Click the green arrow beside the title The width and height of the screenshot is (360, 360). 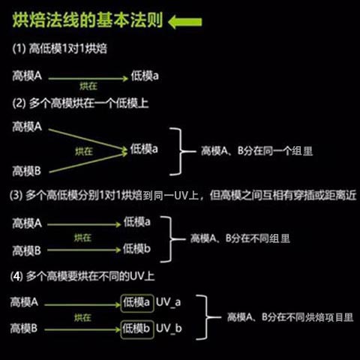pos(185,22)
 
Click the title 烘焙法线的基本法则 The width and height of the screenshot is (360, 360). pos(88,20)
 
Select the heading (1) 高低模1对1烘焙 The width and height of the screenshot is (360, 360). pos(60,49)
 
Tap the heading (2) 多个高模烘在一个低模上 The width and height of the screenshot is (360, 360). pos(80,103)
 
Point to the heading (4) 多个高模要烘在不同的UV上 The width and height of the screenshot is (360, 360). pos(82,276)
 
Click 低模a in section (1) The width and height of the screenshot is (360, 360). pos(145,76)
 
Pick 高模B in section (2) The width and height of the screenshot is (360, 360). pos(26,171)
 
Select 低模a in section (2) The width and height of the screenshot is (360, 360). pos(144,149)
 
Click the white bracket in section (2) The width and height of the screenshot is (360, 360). pos(181,151)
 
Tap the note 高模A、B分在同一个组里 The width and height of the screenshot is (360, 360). pos(257,151)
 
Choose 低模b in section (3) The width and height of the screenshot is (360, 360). pos(136,249)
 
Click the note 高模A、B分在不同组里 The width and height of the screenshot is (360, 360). pos(240,238)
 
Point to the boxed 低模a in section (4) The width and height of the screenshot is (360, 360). pos(137,303)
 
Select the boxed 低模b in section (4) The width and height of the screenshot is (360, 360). pos(137,329)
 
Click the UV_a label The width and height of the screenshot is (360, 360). pos(168,302)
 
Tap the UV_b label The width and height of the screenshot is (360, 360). pos(169,328)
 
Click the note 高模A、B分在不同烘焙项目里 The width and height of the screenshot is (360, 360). pos(290,317)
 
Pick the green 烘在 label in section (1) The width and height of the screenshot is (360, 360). pos(88,86)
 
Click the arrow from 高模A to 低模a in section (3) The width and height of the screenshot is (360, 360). pos(84,224)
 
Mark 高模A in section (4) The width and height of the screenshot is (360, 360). pos(24,302)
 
